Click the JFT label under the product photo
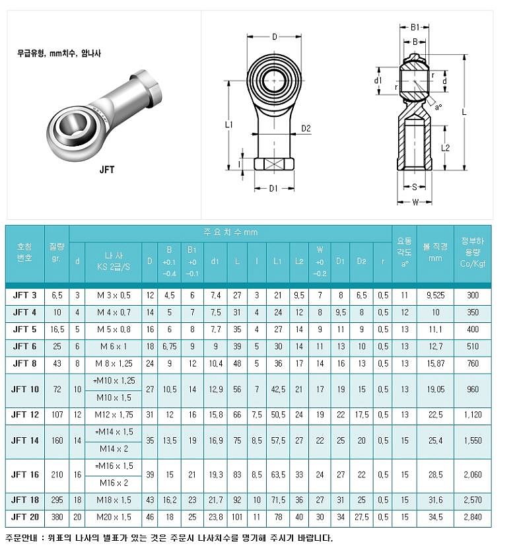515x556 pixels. [107, 170]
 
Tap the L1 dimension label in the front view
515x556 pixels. [228, 124]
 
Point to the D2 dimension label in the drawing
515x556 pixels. [306, 129]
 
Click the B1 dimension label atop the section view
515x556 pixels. [415, 27]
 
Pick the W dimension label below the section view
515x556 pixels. [415, 202]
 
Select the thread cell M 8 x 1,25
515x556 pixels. [109, 364]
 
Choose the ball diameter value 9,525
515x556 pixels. [436, 295]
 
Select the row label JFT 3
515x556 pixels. [24, 295]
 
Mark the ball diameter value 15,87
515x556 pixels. [436, 364]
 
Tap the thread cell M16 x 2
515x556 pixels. [109, 483]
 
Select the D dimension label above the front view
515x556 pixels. [275, 37]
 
